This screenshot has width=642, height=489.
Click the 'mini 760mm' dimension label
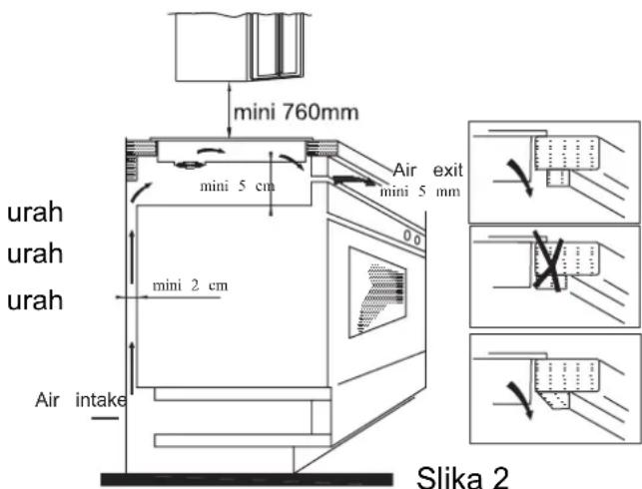click(x=296, y=112)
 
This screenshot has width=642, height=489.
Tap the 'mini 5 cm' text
click(x=237, y=187)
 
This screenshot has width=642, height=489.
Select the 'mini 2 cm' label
click(x=190, y=285)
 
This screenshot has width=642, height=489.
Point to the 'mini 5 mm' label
click(x=420, y=191)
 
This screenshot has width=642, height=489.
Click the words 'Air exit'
click(x=428, y=170)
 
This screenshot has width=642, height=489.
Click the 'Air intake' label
click(x=81, y=400)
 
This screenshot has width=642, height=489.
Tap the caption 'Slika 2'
click(x=462, y=477)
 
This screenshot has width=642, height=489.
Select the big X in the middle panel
click(x=549, y=261)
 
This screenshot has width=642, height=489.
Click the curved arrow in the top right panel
click(x=521, y=177)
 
